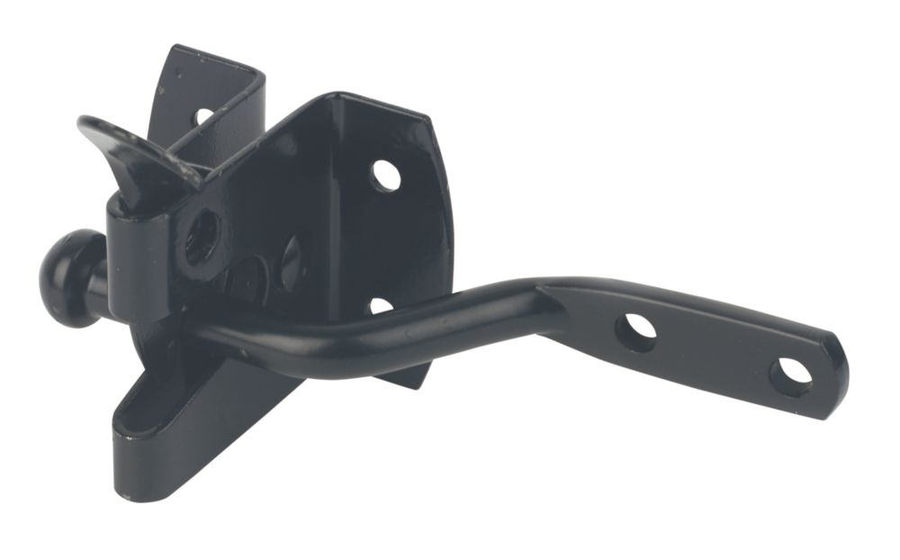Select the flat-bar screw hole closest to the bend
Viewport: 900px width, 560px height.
click(x=635, y=330)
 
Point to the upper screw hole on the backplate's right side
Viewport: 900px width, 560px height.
click(x=385, y=175)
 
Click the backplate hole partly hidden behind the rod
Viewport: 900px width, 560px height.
click(x=380, y=305)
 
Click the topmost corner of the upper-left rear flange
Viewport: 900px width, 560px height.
click(x=176, y=50)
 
